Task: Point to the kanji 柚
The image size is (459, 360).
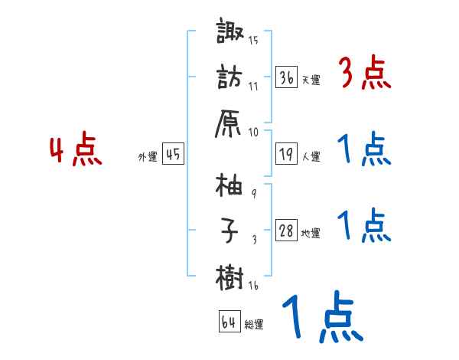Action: [230, 185]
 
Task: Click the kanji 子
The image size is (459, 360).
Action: [230, 230]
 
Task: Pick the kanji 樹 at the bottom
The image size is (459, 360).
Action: [230, 274]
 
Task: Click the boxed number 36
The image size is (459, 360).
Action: [287, 77]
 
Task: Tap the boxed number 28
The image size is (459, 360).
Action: [287, 231]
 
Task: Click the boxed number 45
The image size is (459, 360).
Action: [172, 154]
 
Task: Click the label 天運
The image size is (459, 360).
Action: [311, 80]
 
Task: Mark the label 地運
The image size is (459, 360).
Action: [311, 233]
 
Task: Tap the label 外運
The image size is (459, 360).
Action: [147, 156]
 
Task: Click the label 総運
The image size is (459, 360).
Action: [254, 324]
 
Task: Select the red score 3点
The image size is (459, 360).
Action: [364, 74]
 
